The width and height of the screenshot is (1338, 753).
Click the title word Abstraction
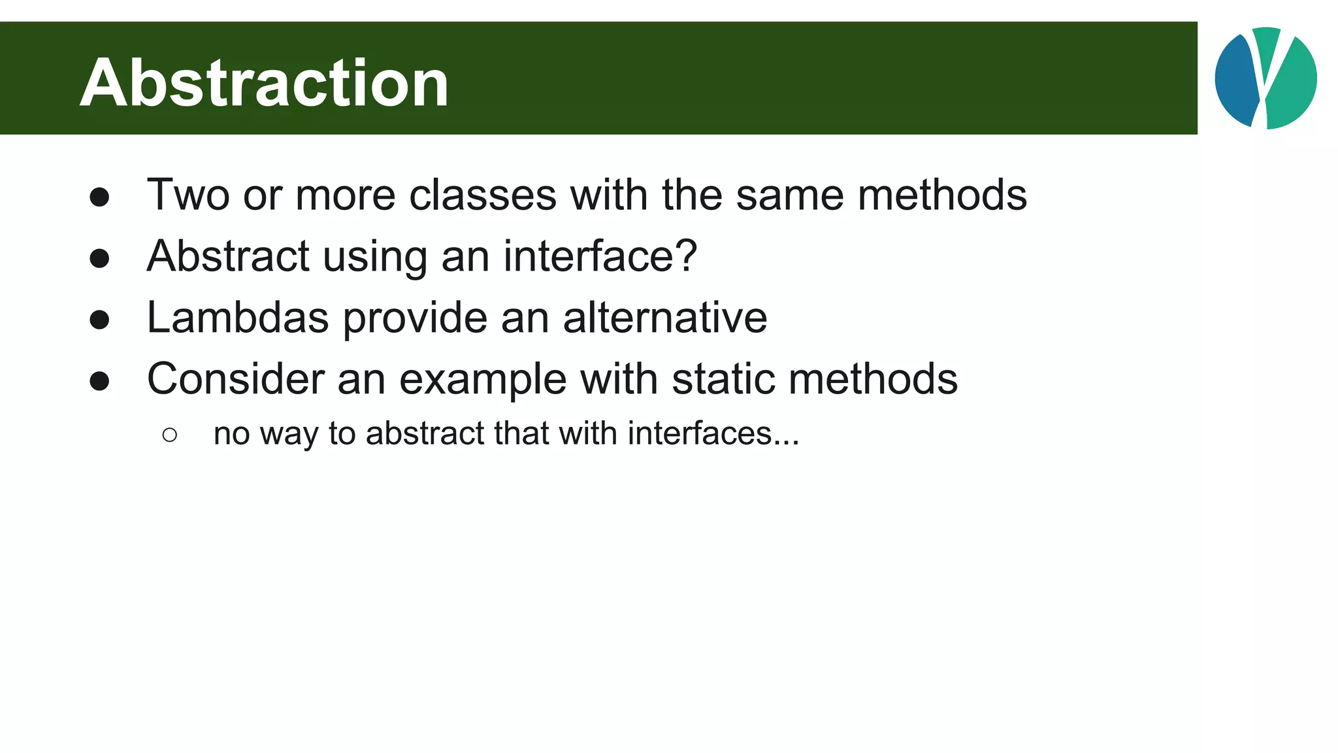pyautogui.click(x=264, y=83)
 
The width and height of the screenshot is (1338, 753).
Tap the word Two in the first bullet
pyautogui.click(x=188, y=195)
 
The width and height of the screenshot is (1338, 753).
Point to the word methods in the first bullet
pyautogui.click(x=942, y=195)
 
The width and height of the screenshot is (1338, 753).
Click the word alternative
pyautogui.click(x=665, y=318)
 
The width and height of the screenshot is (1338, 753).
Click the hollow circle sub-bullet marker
pyautogui.click(x=170, y=435)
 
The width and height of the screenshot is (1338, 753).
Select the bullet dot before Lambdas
pyautogui.click(x=99, y=320)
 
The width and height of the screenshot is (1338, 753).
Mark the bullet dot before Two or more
pyautogui.click(x=99, y=197)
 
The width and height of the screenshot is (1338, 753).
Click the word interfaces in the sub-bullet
pyautogui.click(x=700, y=433)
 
